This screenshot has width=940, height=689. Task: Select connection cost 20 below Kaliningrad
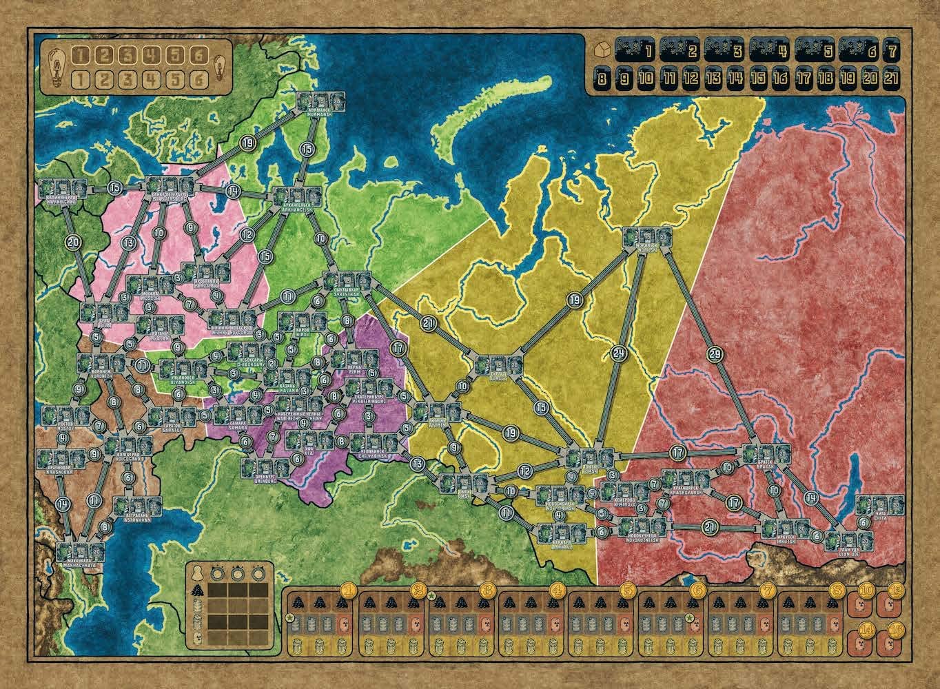[74, 241]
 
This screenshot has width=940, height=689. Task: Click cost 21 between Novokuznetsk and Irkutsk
[711, 527]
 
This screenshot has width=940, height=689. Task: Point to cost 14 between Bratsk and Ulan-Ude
[809, 497]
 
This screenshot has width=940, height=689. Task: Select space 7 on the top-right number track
[893, 50]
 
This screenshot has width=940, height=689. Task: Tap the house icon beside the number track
[600, 50]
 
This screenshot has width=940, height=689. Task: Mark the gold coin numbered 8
[836, 590]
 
